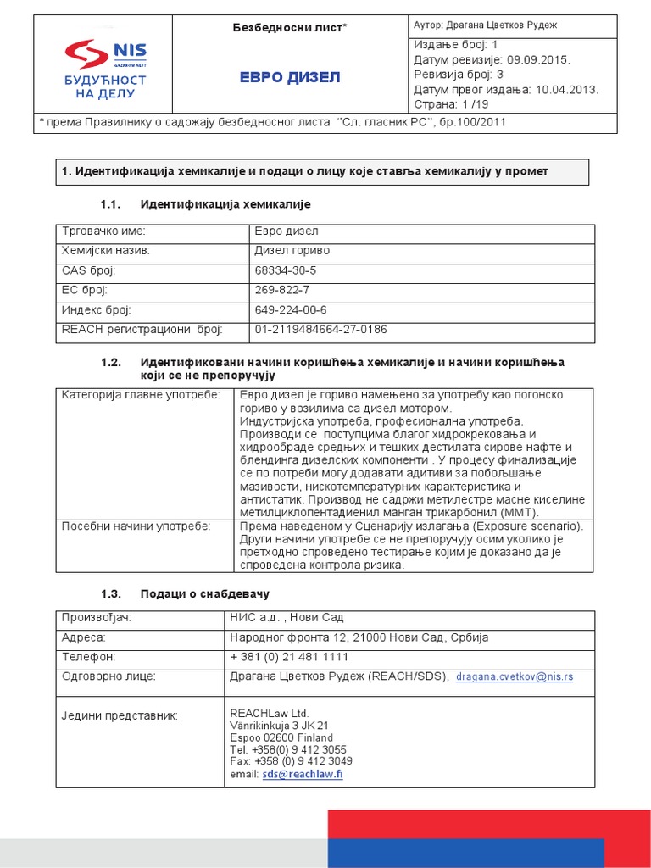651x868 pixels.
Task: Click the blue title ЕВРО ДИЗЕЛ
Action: click(x=290, y=78)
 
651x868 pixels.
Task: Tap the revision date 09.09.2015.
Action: click(x=539, y=60)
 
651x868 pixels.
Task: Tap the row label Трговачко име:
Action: click(x=103, y=231)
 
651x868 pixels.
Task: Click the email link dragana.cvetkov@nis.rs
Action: click(x=515, y=677)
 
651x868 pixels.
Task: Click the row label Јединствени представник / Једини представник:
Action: click(x=120, y=716)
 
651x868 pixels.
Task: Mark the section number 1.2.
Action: click(x=112, y=362)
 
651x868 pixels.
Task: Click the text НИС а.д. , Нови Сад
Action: click(x=287, y=617)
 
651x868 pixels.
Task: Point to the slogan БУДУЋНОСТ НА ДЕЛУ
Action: click(x=105, y=86)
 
